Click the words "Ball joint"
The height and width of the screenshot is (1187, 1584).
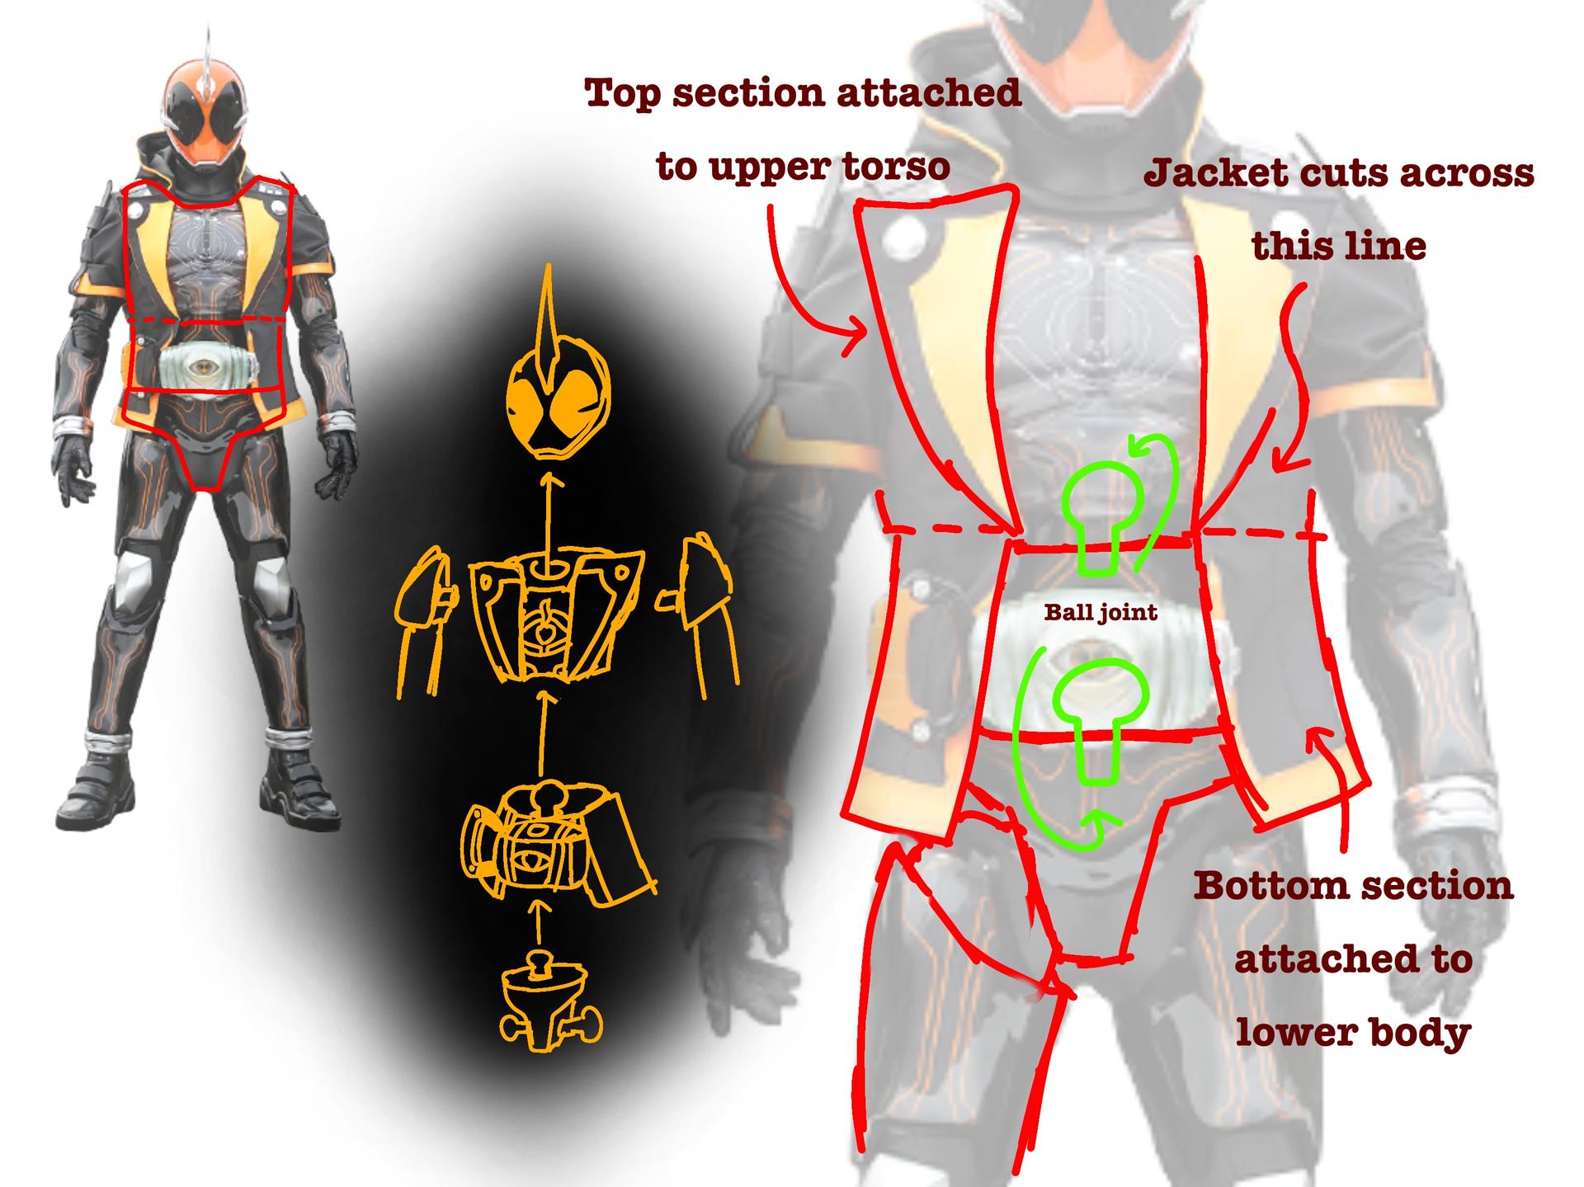point(1101,612)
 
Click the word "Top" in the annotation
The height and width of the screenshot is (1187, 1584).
point(623,94)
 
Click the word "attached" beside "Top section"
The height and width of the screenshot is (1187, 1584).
point(929,92)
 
